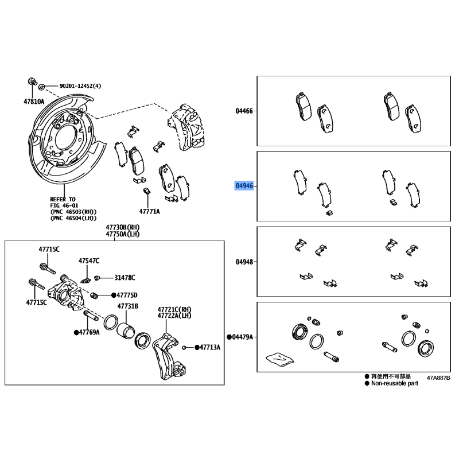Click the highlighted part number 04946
click(244, 186)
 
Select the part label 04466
click(244, 111)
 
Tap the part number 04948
click(244, 262)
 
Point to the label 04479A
click(242, 337)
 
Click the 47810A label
click(34, 102)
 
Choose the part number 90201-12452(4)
click(80, 85)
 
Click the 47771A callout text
click(150, 211)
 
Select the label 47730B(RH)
click(123, 227)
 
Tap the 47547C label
click(89, 260)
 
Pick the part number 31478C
click(125, 278)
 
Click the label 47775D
click(127, 295)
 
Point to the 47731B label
click(128, 306)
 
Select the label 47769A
click(90, 332)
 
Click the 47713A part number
click(210, 348)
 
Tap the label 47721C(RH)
click(174, 309)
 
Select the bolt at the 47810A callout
click(32, 81)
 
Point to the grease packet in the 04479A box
click(280, 358)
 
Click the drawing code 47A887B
click(438, 378)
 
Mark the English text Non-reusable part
click(395, 383)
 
